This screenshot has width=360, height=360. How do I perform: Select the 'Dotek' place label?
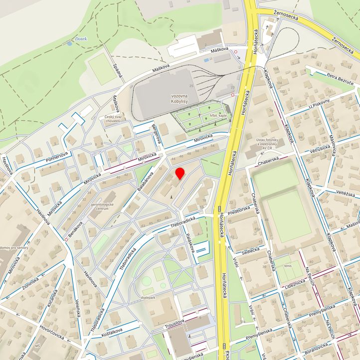(x=81, y=38)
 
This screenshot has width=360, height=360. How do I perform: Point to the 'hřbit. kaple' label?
(x=218, y=115)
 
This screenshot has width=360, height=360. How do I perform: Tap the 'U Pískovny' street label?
(x=319, y=103)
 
